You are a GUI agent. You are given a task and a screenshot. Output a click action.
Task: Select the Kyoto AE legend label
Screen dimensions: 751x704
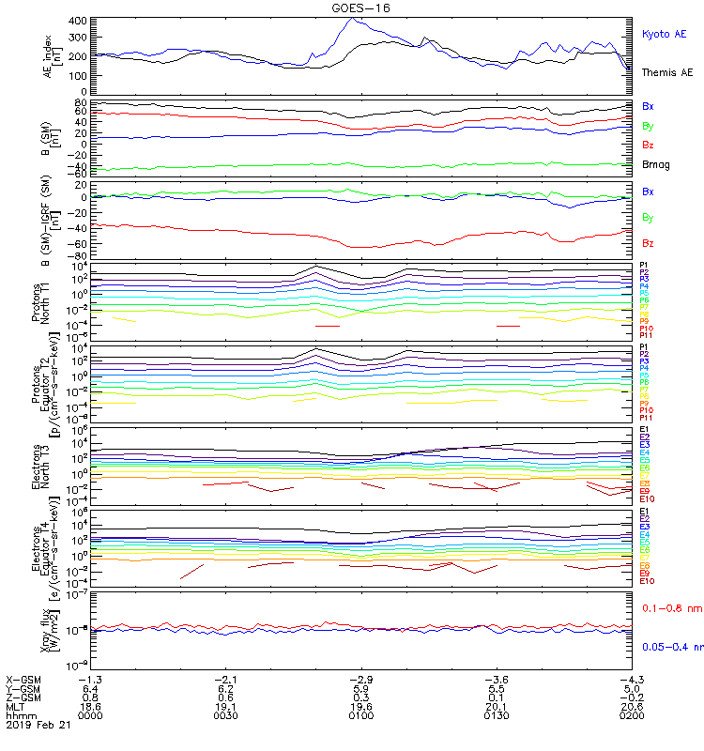pos(664,35)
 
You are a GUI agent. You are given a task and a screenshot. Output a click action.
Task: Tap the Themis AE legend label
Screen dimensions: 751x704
pos(666,72)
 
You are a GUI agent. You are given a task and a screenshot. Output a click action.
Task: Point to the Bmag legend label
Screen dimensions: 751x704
pos(655,164)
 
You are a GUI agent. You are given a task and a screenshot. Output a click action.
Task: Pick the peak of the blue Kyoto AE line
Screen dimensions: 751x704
pos(351,18)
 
